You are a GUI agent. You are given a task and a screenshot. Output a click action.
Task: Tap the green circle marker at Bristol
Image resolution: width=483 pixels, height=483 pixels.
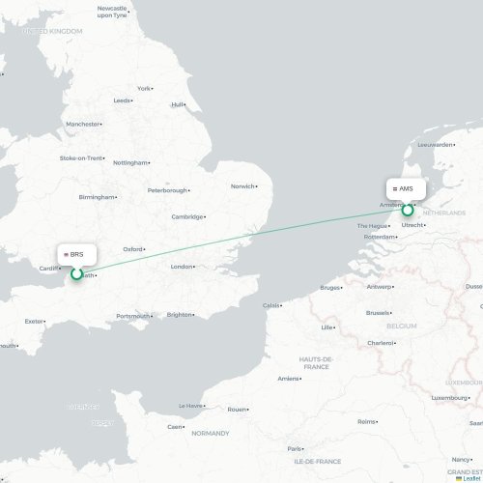[77, 274]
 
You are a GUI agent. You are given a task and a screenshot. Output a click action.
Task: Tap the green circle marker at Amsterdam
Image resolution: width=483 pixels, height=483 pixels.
[408, 210]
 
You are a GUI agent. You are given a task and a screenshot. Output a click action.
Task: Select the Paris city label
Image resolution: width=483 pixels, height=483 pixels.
[294, 448]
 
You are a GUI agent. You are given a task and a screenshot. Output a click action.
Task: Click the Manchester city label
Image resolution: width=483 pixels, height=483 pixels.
[85, 125]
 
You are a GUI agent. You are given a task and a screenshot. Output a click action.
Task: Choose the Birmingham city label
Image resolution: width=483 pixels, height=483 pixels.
[96, 197]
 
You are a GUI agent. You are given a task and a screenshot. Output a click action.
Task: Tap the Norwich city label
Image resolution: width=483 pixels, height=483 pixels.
[242, 186]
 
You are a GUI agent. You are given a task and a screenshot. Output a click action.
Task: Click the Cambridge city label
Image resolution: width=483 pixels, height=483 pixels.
[187, 216]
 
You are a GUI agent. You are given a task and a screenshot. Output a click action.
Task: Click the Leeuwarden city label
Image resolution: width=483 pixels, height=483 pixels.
[435, 145]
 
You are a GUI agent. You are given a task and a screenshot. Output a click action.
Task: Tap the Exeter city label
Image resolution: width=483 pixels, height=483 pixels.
[35, 321]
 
